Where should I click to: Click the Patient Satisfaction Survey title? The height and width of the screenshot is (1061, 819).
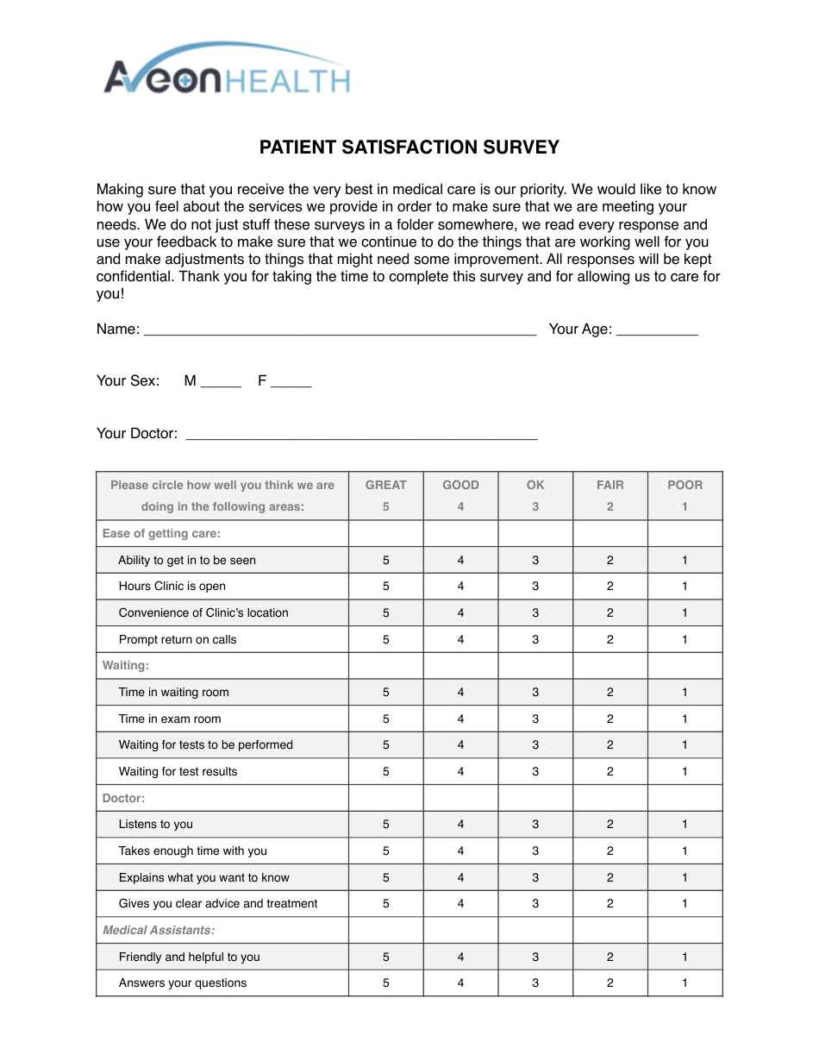click(x=409, y=148)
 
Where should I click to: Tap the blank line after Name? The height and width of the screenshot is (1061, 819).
click(x=340, y=330)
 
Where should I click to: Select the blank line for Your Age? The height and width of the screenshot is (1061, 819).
click(x=657, y=330)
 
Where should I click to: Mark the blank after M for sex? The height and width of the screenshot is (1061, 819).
click(x=221, y=383)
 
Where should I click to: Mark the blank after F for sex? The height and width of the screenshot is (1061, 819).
click(x=291, y=383)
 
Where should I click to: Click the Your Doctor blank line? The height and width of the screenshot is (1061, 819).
click(x=361, y=436)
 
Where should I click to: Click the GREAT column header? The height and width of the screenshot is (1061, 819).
click(x=385, y=486)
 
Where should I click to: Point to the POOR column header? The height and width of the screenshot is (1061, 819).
click(x=685, y=486)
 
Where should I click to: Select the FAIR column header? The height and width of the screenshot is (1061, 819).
click(x=610, y=486)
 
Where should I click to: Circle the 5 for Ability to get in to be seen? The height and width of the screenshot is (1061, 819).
click(x=385, y=561)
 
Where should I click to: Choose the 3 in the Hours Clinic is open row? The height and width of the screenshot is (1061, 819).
click(x=535, y=587)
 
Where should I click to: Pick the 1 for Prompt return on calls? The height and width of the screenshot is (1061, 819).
click(x=685, y=640)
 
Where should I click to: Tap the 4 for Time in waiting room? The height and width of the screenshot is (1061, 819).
click(x=460, y=693)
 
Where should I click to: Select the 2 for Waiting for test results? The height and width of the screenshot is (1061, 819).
click(x=610, y=772)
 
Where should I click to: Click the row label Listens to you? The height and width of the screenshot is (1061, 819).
click(x=156, y=825)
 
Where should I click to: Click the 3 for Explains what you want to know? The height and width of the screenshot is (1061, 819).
click(x=535, y=878)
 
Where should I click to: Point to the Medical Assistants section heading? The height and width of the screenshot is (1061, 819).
click(x=159, y=931)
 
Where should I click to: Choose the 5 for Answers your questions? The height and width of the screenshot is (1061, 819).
click(x=385, y=983)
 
